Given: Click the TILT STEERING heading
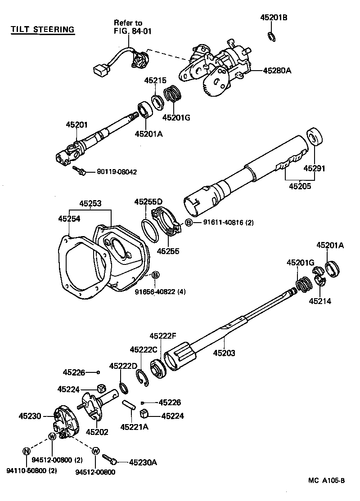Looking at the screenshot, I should [x=43, y=30].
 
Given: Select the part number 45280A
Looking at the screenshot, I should [x=277, y=71].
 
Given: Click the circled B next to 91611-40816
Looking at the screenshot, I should [x=189, y=223].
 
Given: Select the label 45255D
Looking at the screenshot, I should [x=148, y=202].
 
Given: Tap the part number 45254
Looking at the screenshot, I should [x=69, y=218].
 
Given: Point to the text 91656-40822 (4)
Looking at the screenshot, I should [x=160, y=292].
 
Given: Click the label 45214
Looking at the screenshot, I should [x=320, y=301].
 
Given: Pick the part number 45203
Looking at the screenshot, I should [x=224, y=353].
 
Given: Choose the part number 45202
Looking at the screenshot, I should [x=97, y=432].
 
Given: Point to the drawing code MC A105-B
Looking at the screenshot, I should [x=326, y=481].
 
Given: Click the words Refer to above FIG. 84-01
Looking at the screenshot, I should [x=128, y=22].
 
